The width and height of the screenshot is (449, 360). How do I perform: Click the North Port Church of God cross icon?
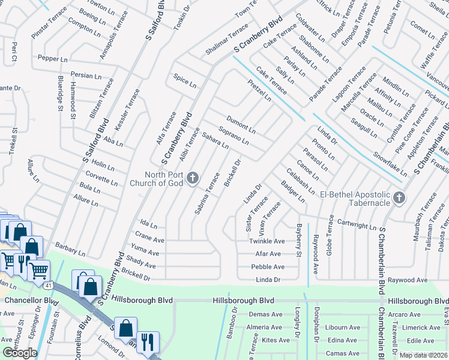(x=192, y=177)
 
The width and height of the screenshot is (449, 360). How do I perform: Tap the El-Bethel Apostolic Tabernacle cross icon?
(x=399, y=197)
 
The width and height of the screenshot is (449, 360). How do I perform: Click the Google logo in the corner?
(x=20, y=353)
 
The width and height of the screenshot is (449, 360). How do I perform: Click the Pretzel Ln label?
(x=259, y=91)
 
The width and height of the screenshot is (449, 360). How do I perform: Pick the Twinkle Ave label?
(x=267, y=241)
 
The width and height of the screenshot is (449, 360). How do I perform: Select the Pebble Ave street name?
(x=267, y=267)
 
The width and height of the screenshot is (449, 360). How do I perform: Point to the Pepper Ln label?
(x=53, y=58)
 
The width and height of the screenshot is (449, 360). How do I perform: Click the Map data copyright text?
(x=423, y=355)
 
